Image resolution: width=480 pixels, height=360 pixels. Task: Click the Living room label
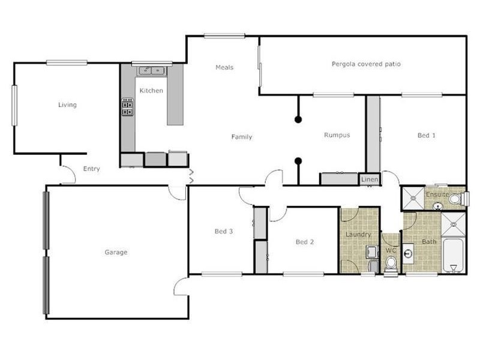(x=67, y=105)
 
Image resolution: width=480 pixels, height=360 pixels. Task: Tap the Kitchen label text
(x=151, y=91)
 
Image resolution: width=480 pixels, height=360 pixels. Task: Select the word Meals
(x=224, y=67)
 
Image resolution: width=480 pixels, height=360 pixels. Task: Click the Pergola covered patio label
(x=366, y=64)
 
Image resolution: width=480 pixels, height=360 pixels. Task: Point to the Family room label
(x=242, y=137)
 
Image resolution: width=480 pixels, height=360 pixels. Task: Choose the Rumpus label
(x=337, y=135)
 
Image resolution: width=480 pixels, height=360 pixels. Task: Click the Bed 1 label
(x=427, y=136)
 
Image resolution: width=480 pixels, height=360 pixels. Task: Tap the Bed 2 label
(x=305, y=242)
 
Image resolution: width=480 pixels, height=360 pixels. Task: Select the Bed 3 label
(x=224, y=231)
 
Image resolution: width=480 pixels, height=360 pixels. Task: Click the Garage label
(x=116, y=253)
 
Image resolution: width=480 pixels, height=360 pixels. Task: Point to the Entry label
(x=91, y=169)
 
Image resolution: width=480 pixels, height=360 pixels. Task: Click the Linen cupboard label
(x=368, y=179)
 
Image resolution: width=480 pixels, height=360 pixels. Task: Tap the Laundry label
(x=358, y=235)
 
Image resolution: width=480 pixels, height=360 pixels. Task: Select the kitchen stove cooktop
(x=127, y=107)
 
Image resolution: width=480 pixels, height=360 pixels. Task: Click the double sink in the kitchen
(x=151, y=71)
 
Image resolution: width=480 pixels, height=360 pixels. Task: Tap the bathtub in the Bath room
(x=453, y=256)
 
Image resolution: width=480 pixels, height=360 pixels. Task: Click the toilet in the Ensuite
(x=457, y=199)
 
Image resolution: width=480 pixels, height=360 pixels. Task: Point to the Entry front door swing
(x=67, y=175)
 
